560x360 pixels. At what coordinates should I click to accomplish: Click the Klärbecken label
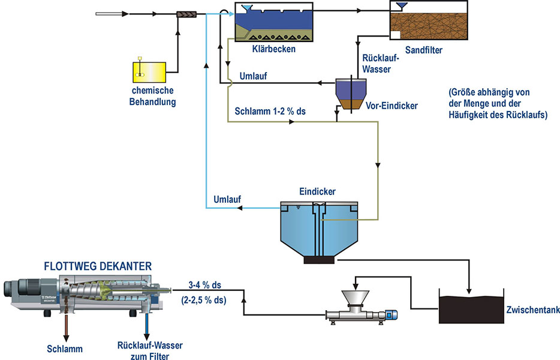[x=274, y=49]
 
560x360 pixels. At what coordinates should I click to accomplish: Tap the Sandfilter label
[x=423, y=50]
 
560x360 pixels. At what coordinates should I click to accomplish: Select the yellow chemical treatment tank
[x=149, y=73]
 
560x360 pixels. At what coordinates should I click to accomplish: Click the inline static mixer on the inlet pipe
[x=187, y=14]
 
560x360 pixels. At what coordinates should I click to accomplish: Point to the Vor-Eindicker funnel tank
[x=351, y=94]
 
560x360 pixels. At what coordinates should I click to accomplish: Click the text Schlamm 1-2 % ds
[x=270, y=111]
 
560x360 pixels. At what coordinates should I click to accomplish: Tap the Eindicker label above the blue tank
[x=318, y=191]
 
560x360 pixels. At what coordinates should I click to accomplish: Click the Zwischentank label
[x=533, y=310]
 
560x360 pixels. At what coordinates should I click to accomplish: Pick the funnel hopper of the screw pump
[x=356, y=299]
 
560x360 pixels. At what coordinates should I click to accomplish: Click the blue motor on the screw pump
[x=392, y=315]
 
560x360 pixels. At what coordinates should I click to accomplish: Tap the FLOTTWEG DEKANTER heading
[x=98, y=266]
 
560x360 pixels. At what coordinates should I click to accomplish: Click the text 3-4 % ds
[x=204, y=285]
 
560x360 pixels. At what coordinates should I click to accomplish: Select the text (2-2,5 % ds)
[x=204, y=300]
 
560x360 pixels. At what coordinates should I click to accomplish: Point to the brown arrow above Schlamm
[x=66, y=328]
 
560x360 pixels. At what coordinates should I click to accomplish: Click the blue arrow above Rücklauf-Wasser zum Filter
[x=146, y=326]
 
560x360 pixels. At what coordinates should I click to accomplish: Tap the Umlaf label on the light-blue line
[x=227, y=199]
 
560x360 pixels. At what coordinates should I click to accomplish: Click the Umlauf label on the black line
[x=253, y=76]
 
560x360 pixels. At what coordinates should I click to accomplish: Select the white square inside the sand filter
[x=395, y=35]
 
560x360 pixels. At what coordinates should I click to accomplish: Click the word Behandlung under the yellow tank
[x=152, y=102]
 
